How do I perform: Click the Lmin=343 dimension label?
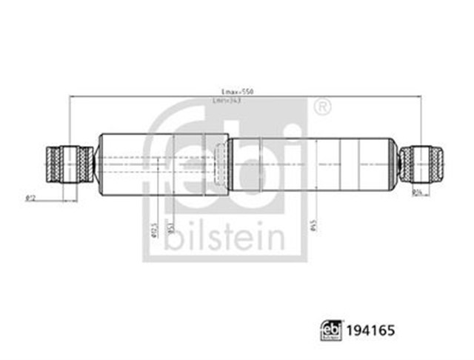click(228, 101)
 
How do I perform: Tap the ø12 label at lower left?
click(31, 197)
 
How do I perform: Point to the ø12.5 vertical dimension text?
click(153, 230)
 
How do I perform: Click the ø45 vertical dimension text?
click(314, 227)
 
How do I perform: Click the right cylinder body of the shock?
click(311, 164)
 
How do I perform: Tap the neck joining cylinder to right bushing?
click(395, 164)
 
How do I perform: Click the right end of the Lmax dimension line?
click(420, 96)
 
